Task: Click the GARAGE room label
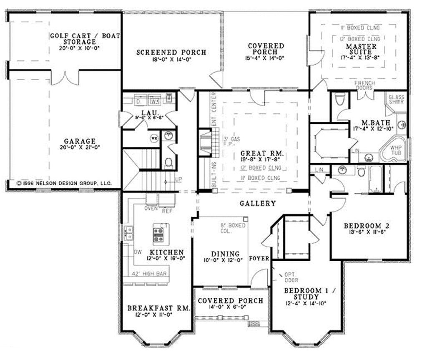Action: [80, 141]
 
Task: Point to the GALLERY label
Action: [257, 204]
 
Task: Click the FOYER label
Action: [259, 259]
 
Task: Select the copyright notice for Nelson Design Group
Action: [64, 183]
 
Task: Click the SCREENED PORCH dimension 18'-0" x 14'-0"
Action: [171, 59]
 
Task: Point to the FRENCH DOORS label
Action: [364, 86]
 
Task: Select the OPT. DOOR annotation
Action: [291, 277]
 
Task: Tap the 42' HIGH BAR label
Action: [149, 274]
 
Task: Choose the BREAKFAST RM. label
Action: [159, 308]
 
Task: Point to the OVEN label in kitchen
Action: [151, 209]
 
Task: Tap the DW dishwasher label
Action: [138, 252]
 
